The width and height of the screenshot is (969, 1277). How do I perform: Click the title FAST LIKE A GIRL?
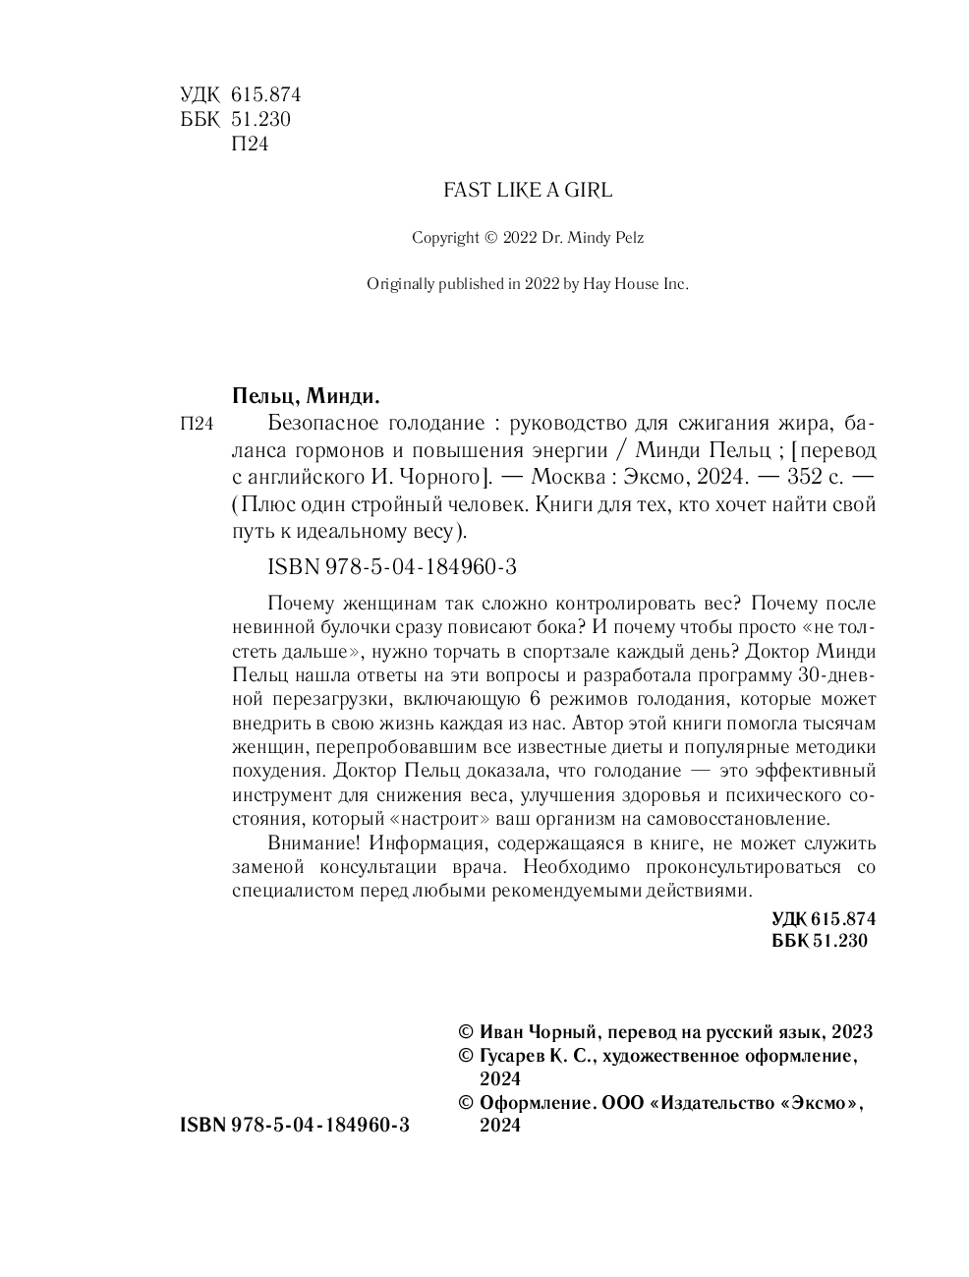528,191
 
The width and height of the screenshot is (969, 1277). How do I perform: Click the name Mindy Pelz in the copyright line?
596,238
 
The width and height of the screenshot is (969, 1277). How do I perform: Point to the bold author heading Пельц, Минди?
306,396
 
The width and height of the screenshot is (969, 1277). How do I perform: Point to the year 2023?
852,1032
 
